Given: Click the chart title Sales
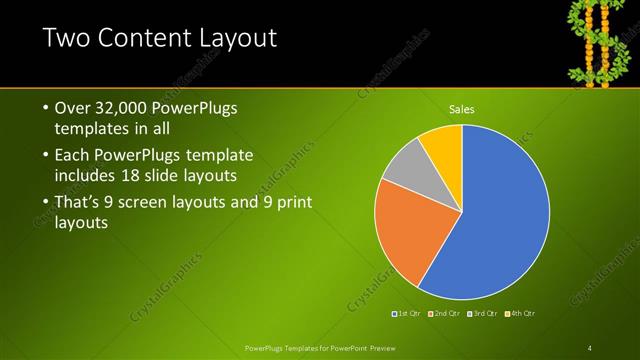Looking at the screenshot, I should pyautogui.click(x=462, y=109).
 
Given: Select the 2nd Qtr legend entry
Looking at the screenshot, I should pyautogui.click(x=444, y=314).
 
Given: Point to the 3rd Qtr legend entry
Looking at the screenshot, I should pyautogui.click(x=482, y=314).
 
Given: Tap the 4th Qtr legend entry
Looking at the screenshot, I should pyautogui.click(x=520, y=314).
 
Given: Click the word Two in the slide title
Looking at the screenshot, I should pyautogui.click(x=67, y=40).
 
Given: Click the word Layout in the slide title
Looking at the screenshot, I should pyautogui.click(x=235, y=40).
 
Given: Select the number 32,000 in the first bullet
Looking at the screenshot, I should pyautogui.click(x=125, y=107).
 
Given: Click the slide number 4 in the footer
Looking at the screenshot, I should pyautogui.click(x=590, y=347).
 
